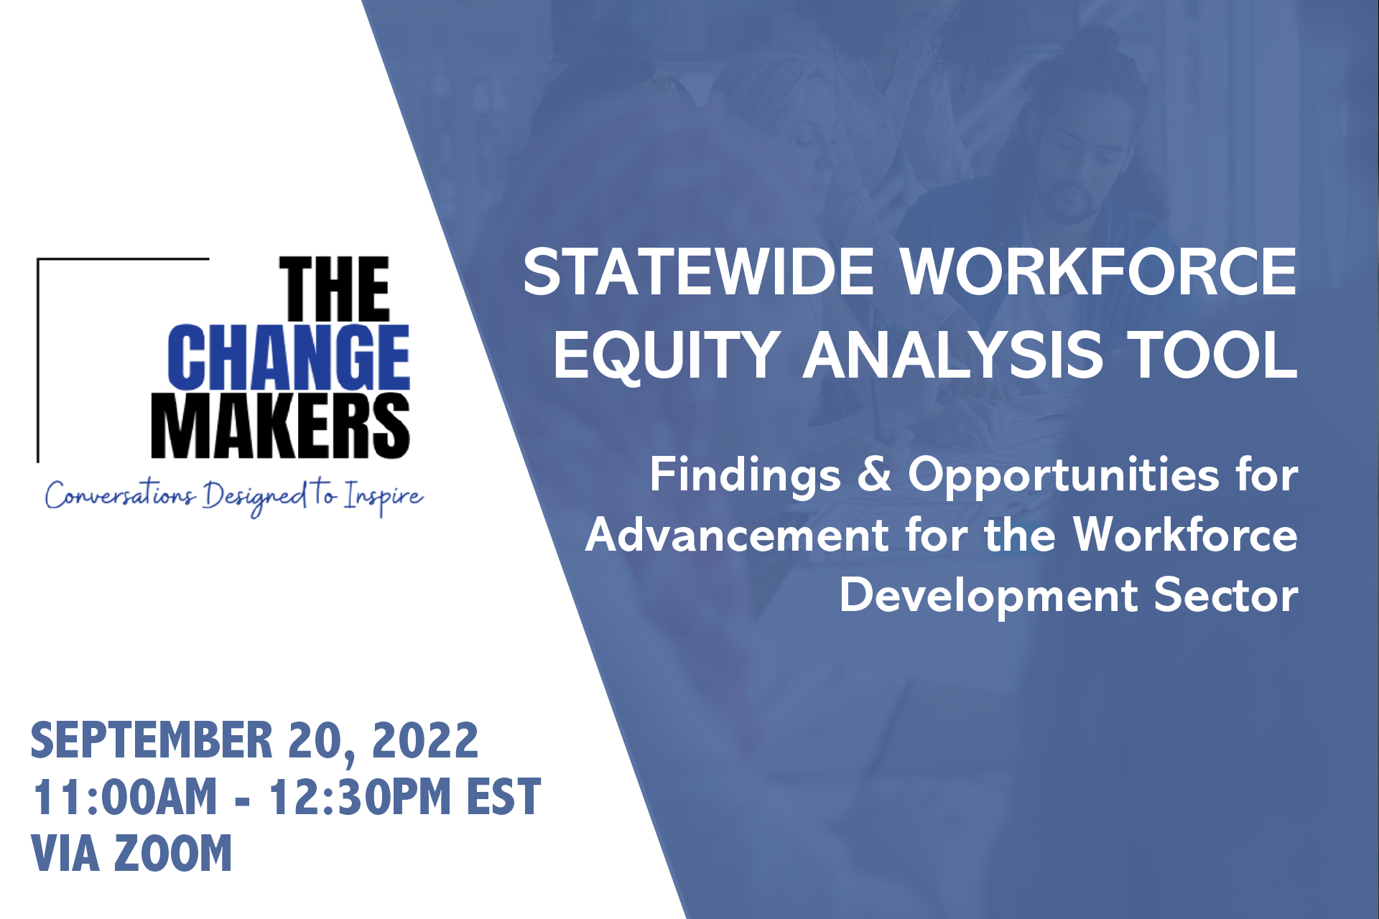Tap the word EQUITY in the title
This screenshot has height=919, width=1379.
tap(666, 355)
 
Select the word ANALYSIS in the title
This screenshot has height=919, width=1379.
tap(952, 355)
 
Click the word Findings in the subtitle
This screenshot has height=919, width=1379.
tap(745, 476)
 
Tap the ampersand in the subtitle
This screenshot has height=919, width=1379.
tap(874, 475)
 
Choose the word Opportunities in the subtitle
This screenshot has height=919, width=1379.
tap(1063, 476)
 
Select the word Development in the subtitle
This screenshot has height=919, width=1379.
tap(989, 597)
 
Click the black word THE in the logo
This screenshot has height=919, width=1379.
tap(335, 289)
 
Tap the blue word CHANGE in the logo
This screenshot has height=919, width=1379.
tap(289, 357)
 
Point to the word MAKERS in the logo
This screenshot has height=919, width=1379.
tap(280, 425)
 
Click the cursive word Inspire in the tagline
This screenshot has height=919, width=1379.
tap(383, 497)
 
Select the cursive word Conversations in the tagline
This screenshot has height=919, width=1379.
tap(120, 494)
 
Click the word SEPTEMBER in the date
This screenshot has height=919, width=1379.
tap(152, 740)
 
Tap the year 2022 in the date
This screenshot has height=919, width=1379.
tap(425, 740)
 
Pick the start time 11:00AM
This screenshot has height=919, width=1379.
tap(124, 796)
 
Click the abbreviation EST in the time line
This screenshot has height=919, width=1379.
tap(503, 796)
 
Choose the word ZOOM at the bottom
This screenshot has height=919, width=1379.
tap(172, 853)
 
